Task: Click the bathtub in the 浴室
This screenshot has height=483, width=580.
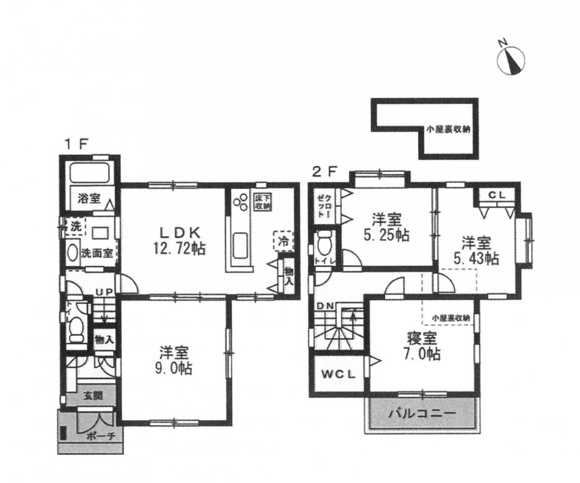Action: point(90,173)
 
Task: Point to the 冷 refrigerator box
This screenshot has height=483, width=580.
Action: point(283,241)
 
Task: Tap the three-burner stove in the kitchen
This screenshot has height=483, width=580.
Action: point(239,201)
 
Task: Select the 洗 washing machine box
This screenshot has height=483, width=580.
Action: point(75,226)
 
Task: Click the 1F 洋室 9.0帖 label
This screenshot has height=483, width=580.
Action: point(174,361)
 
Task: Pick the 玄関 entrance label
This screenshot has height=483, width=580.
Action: point(90,396)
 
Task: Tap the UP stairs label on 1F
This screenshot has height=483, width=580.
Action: point(102,293)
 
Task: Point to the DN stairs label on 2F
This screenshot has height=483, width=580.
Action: point(324,306)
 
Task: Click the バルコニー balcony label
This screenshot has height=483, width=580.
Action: point(422,414)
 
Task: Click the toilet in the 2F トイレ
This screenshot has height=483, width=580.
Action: point(324,245)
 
